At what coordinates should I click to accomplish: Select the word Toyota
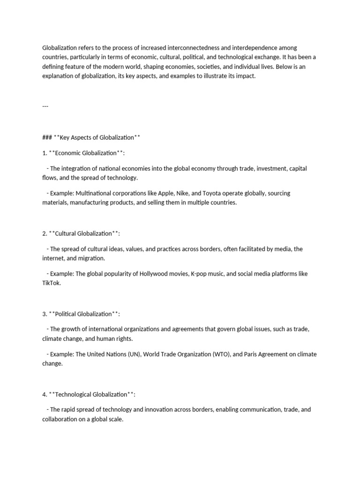point(215,193)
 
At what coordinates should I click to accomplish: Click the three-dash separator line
point(45,106)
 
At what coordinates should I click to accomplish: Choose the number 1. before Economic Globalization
point(45,153)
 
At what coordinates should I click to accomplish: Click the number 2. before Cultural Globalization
point(45,233)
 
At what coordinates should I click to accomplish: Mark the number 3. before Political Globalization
point(45,314)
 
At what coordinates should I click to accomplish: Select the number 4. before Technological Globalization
point(45,394)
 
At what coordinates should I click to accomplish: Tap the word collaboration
point(60,419)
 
